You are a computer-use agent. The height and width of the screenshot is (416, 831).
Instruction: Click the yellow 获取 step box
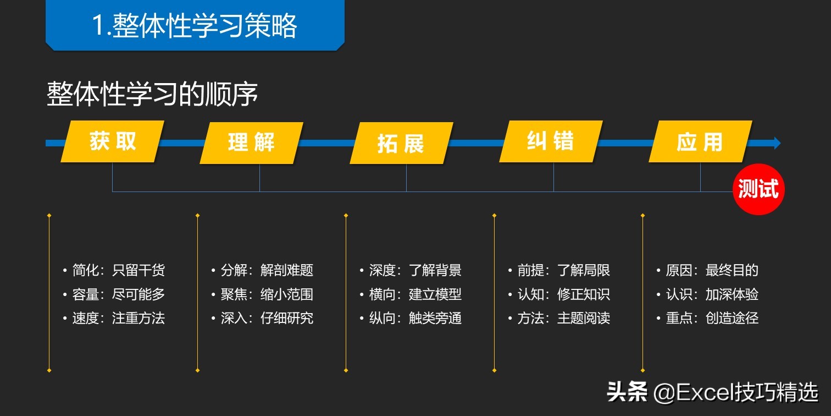(x=113, y=142)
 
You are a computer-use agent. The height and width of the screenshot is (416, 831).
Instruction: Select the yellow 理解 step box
(x=251, y=143)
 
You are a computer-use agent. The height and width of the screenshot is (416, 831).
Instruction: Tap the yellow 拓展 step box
(x=401, y=144)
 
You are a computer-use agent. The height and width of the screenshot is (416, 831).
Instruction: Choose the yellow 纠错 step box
(x=551, y=142)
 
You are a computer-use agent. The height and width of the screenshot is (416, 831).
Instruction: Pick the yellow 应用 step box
(x=700, y=143)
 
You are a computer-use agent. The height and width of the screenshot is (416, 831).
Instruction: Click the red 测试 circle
(x=758, y=189)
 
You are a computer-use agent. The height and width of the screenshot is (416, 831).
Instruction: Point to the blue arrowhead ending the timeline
(x=777, y=143)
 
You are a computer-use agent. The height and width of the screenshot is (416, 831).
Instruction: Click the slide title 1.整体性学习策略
(x=195, y=25)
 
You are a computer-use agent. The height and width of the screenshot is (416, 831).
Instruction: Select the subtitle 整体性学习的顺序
(x=152, y=95)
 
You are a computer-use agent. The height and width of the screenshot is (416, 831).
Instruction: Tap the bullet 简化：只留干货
(x=118, y=270)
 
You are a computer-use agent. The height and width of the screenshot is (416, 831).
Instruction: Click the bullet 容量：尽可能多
(x=118, y=294)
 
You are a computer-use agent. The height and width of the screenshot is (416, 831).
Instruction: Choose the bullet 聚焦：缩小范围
(x=267, y=294)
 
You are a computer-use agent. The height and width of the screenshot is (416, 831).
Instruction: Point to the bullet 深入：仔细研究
(x=267, y=318)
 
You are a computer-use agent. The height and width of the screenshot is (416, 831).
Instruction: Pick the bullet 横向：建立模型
(x=415, y=294)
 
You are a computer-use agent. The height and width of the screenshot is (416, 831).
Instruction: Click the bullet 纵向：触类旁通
(x=415, y=318)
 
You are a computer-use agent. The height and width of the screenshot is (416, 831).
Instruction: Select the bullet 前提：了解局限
(x=563, y=270)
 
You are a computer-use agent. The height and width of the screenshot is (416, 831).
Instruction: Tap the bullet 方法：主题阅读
(x=563, y=318)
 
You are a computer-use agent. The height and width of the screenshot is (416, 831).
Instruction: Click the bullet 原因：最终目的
(x=712, y=270)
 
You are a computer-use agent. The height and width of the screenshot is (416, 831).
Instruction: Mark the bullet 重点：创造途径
(x=712, y=318)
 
